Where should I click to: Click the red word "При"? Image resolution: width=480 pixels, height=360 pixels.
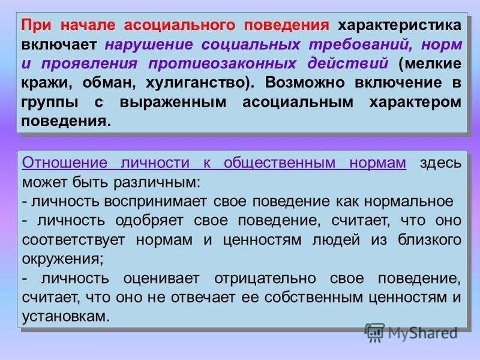pyautogui.click(x=36, y=25)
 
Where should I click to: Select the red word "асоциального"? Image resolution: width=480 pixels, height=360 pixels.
pyautogui.click(x=179, y=25)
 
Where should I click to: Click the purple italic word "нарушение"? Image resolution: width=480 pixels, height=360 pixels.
pyautogui.click(x=149, y=45)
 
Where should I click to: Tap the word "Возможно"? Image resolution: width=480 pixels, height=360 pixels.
pyautogui.click(x=305, y=83)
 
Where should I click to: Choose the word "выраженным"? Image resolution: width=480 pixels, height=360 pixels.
pyautogui.click(x=173, y=103)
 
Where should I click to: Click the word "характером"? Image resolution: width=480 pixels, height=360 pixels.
pyautogui.click(x=415, y=103)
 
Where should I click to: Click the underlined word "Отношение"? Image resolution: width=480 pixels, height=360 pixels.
pyautogui.click(x=65, y=163)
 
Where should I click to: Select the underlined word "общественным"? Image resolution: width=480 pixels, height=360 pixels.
pyautogui.click(x=280, y=163)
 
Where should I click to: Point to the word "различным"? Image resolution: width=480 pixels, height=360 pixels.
pyautogui.click(x=157, y=182)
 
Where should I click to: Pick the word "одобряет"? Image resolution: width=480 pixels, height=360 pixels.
pyautogui.click(x=149, y=221)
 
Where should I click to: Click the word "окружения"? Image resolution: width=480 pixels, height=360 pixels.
pyautogui.click(x=62, y=259)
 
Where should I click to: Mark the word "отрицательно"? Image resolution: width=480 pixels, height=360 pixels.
pyautogui.click(x=265, y=278)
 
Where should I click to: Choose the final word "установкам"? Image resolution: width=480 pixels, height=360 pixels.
pyautogui.click(x=65, y=316)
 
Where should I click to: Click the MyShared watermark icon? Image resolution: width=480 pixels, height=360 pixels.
pyautogui.click(x=374, y=332)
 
